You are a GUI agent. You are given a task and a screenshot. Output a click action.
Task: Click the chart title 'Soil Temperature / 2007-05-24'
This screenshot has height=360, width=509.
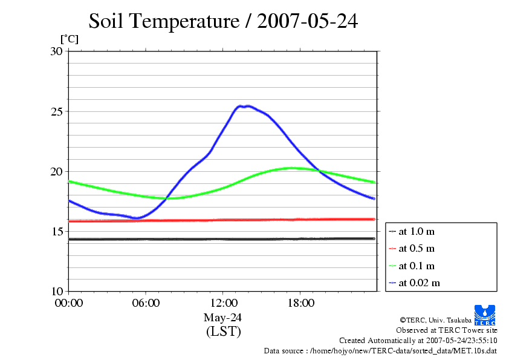223,21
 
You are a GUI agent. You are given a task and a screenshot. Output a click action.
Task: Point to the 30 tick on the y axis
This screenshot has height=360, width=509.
56,51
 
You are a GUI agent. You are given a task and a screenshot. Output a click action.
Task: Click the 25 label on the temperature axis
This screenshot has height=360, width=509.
56,111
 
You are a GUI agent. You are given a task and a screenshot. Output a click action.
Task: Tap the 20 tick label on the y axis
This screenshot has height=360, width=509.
56,171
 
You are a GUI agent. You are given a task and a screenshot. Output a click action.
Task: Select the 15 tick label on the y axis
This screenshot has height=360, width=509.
56,231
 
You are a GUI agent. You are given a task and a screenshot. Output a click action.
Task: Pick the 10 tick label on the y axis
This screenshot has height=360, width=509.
56,291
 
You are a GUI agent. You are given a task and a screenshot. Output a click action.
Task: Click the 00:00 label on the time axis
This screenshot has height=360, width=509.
69,303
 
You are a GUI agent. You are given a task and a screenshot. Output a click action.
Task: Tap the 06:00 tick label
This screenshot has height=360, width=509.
146,303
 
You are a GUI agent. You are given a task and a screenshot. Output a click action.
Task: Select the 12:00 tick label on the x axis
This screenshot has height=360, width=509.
223,303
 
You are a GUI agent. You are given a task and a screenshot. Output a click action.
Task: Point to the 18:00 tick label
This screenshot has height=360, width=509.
300,303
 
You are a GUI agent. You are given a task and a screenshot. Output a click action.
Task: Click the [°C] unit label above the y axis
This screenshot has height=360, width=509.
69,39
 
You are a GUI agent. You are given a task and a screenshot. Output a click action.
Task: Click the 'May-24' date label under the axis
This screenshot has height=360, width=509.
223,317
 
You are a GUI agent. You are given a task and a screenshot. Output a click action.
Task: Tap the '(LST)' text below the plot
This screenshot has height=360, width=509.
223,332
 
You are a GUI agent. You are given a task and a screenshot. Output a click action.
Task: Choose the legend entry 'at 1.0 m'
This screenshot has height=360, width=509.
417,231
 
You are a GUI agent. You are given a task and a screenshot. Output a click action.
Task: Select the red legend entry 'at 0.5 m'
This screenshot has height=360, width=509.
417,248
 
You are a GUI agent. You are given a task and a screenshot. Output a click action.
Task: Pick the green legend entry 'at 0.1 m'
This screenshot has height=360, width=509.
417,266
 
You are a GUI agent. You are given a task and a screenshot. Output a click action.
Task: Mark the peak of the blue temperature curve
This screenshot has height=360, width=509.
247,106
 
